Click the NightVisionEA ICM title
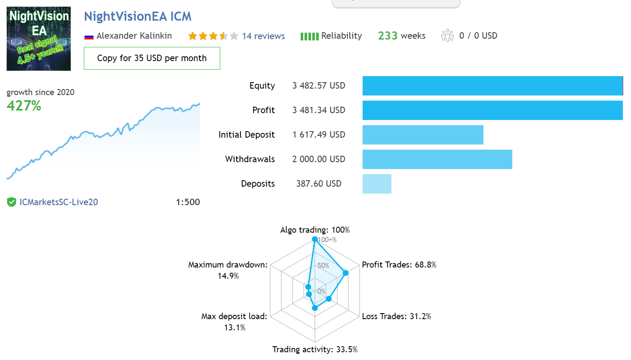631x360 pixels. pyautogui.click(x=138, y=16)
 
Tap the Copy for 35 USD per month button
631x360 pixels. pyautogui.click(x=152, y=58)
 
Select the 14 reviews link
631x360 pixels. pyautogui.click(x=263, y=36)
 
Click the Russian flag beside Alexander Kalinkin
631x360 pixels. pyautogui.click(x=89, y=37)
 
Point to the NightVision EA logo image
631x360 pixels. pyautogui.click(x=39, y=39)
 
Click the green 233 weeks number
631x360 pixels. pyautogui.click(x=388, y=36)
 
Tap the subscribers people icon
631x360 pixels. pyautogui.click(x=447, y=36)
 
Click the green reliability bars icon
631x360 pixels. pyautogui.click(x=310, y=36)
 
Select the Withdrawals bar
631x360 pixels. pyautogui.click(x=437, y=159)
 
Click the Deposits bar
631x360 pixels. pyautogui.click(x=377, y=184)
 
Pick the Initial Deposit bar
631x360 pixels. pyautogui.click(x=423, y=135)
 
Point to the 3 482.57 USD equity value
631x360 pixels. pyautogui.click(x=319, y=86)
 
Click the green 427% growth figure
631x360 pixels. pyautogui.click(x=24, y=106)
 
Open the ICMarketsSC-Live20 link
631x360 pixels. pyautogui.click(x=58, y=202)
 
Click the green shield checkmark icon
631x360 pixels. pyautogui.click(x=12, y=202)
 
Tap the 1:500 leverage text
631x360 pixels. pyautogui.click(x=188, y=202)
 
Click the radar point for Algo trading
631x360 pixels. pyautogui.click(x=315, y=240)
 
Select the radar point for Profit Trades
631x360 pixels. pyautogui.click(x=346, y=273)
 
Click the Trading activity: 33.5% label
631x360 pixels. pyautogui.click(x=315, y=350)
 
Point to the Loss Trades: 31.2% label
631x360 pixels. pyautogui.click(x=396, y=316)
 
